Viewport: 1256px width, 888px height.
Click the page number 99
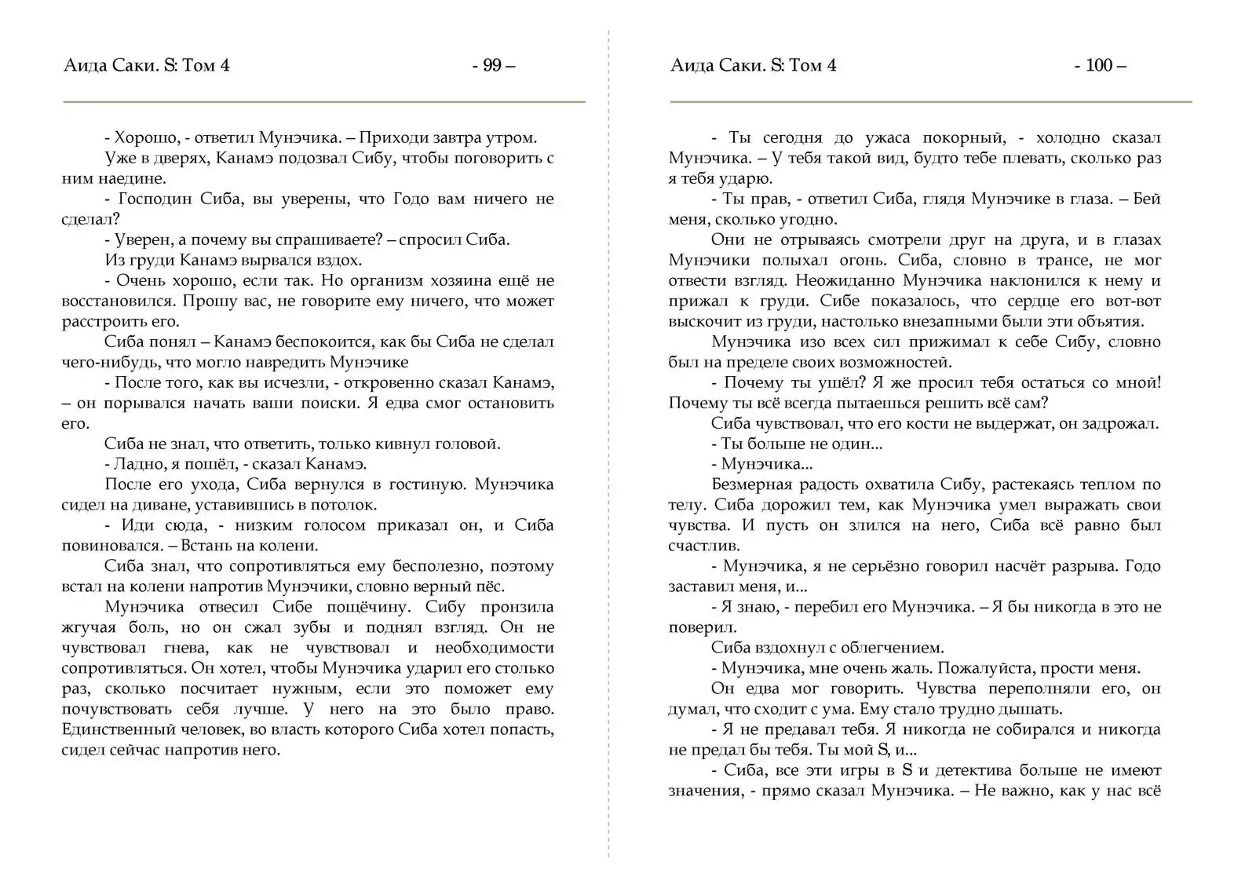click(492, 65)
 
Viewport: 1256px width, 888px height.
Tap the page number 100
click(1099, 65)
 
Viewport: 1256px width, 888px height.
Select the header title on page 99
click(146, 65)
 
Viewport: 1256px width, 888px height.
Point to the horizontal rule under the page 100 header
click(930, 101)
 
